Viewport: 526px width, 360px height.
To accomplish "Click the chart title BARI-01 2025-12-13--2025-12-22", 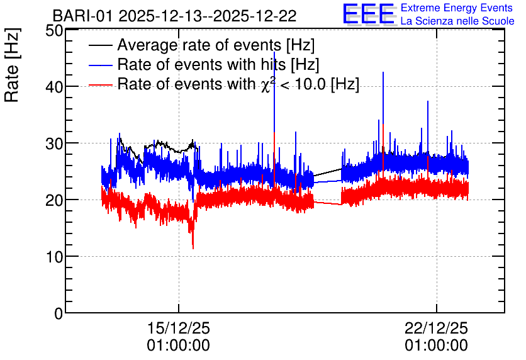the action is tap(174, 16).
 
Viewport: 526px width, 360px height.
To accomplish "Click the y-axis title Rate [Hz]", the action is tap(12, 65).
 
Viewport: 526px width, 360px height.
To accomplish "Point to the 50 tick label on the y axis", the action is tap(54, 31).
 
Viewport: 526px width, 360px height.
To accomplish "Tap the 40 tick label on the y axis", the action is tap(54, 87).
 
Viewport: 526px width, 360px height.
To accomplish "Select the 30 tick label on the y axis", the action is tap(54, 143).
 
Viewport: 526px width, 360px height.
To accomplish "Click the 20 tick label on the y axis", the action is tap(54, 200).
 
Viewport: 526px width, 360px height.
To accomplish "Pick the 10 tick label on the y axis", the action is tap(54, 257).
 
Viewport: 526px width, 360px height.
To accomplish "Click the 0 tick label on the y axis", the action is tap(59, 313).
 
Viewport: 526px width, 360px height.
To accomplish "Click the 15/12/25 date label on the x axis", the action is tap(179, 328).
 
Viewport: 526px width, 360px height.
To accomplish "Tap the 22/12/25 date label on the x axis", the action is tap(436, 328).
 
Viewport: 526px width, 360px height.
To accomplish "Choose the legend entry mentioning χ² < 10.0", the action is tap(238, 84).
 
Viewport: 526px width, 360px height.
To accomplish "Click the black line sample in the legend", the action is tap(100, 45).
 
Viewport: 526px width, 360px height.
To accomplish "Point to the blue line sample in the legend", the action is tap(100, 65).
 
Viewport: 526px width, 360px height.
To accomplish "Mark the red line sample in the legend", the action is tap(100, 84).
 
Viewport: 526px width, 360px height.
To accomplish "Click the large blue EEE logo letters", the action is tap(369, 14).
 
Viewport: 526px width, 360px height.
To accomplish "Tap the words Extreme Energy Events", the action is tap(457, 8).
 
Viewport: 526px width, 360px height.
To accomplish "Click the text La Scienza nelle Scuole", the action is tap(457, 21).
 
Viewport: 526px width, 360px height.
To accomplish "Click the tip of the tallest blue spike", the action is tap(274, 52).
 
